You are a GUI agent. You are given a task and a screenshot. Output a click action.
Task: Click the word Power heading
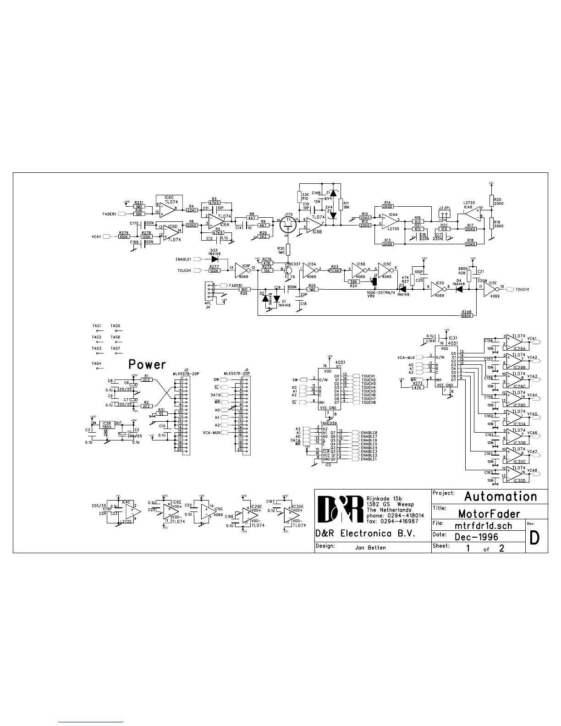tap(147, 365)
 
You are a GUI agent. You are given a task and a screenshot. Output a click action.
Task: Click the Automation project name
tap(500, 497)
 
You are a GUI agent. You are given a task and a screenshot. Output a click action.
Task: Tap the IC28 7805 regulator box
tap(107, 425)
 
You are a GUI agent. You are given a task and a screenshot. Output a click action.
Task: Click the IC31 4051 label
tap(453, 340)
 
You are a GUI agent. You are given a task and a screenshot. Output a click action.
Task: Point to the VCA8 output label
tap(532, 471)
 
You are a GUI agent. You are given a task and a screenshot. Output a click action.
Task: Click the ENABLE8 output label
tap(369, 433)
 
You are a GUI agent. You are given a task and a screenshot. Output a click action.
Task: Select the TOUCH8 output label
tap(368, 402)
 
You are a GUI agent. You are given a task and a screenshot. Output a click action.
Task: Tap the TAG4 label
tap(96, 364)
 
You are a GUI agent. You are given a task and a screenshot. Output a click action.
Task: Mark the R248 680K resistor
tap(467, 316)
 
